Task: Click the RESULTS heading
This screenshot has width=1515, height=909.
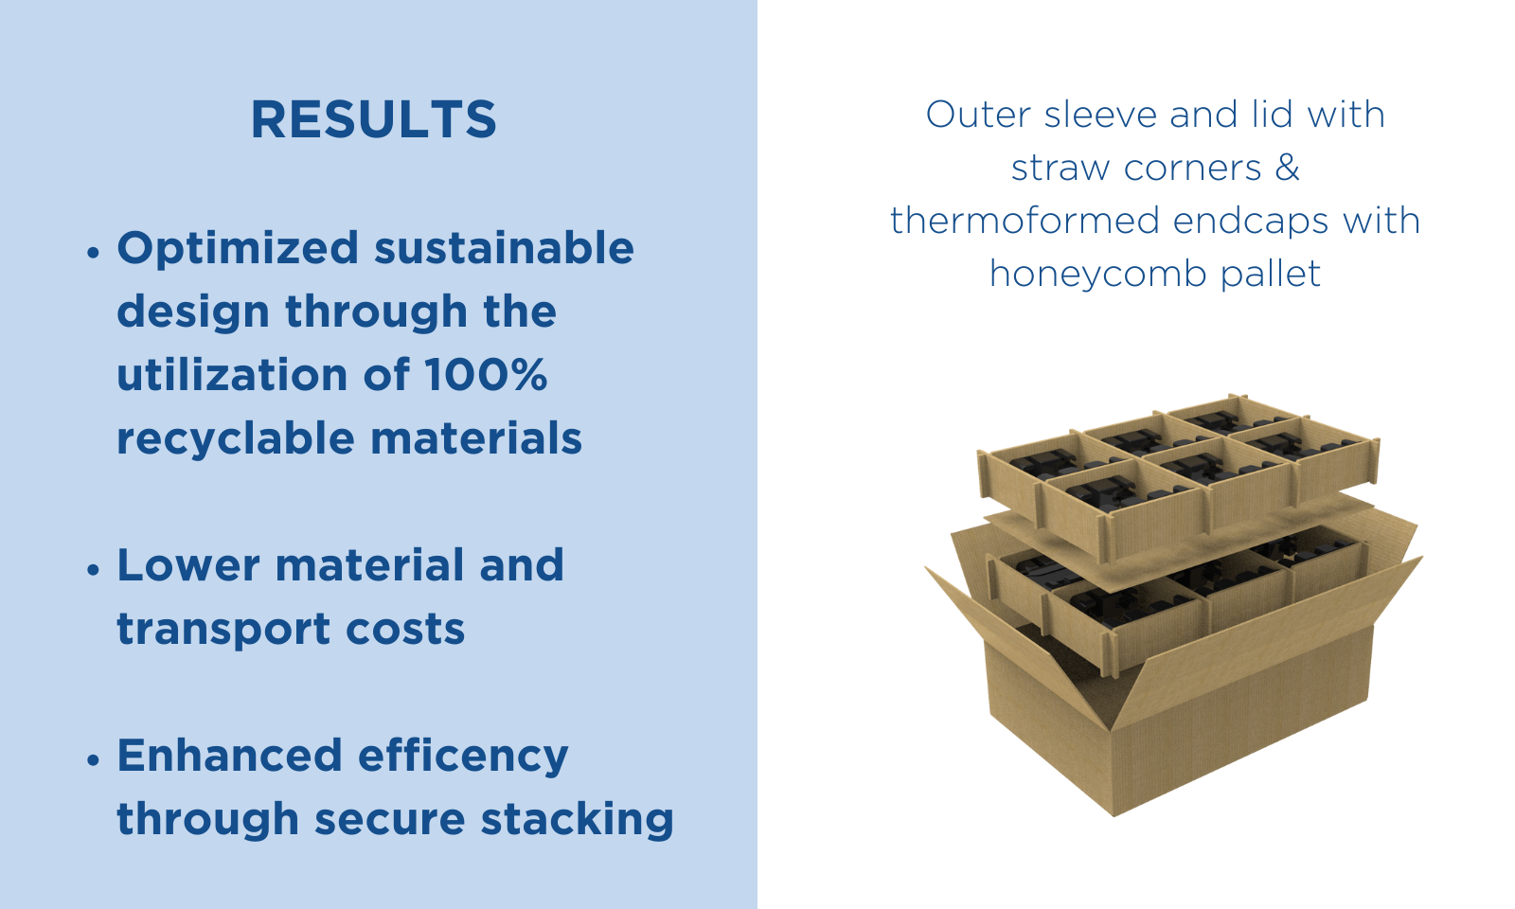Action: (x=373, y=119)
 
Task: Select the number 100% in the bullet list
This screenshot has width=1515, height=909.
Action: (x=486, y=374)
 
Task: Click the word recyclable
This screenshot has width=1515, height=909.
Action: (x=236, y=439)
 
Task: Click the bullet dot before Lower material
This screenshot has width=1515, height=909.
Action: (x=94, y=569)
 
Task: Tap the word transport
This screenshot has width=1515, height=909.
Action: (x=223, y=631)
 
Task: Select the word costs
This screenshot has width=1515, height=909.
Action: (x=406, y=631)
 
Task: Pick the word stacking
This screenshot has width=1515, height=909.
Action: (x=577, y=820)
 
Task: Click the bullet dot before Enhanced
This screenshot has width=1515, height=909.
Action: (x=94, y=760)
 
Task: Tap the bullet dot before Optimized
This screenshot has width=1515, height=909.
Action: (x=94, y=253)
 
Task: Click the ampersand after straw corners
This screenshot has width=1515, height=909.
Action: (x=1287, y=167)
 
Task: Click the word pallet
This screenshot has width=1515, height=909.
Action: (x=1270, y=274)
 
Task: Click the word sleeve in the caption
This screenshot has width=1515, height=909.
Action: (x=1100, y=115)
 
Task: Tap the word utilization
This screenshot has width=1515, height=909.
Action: (x=232, y=375)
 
